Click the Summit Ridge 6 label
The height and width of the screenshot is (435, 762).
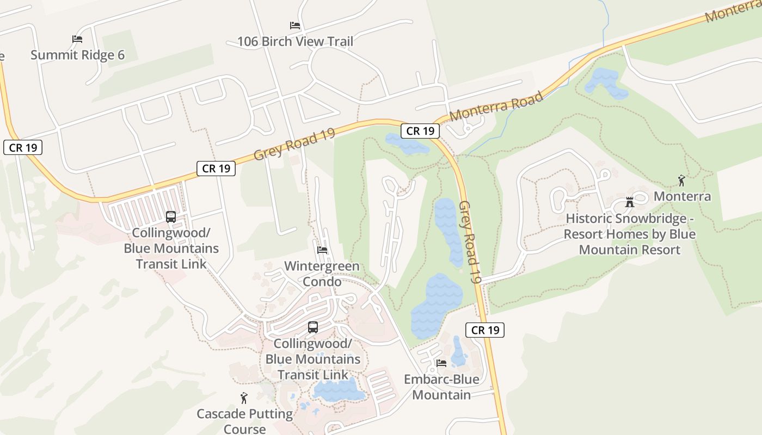[77, 55]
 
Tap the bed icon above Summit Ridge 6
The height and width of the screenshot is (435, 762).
[77, 39]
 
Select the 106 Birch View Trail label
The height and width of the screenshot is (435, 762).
[295, 41]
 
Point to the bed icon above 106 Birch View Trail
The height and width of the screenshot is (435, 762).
[295, 26]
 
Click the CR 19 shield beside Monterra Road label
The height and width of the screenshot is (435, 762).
[420, 131]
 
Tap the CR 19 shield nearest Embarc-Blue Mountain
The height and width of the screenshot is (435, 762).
[485, 330]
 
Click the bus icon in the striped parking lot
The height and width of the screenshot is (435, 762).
[171, 217]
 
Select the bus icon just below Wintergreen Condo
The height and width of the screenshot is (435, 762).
[313, 327]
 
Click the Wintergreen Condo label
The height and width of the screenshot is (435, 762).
[322, 274]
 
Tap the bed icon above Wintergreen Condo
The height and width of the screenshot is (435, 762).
[322, 250]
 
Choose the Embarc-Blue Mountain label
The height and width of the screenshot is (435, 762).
[441, 387]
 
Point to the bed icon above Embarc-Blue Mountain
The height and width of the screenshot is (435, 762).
[441, 363]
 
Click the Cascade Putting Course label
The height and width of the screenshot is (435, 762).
[244, 421]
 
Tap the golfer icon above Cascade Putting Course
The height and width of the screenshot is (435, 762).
[244, 398]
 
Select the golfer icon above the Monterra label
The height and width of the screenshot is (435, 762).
[681, 181]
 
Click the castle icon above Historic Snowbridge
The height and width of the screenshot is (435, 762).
[630, 202]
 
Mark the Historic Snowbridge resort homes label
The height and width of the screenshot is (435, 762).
[629, 234]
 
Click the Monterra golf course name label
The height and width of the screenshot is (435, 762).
[682, 196]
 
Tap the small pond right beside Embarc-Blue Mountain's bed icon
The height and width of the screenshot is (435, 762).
[458, 352]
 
